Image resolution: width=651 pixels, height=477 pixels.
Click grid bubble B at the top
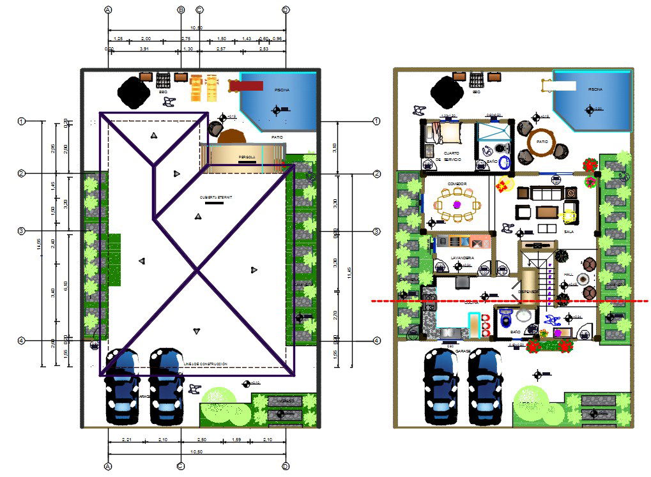pos(181,10)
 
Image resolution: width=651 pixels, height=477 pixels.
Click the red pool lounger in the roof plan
pos(247,86)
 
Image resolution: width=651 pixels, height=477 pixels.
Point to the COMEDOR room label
pos(457,184)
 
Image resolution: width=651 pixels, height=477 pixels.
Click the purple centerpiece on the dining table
pos(457,205)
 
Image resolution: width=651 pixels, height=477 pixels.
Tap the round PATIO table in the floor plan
pos(542,142)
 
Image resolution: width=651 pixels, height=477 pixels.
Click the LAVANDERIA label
pos(462,257)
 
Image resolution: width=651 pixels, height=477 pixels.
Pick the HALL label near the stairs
pos(569,275)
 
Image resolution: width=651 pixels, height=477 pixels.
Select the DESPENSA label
pos(528,292)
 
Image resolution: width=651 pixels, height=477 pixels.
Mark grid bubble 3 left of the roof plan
pos(21,231)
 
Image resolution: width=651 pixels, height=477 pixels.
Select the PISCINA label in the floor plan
pos(595,90)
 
